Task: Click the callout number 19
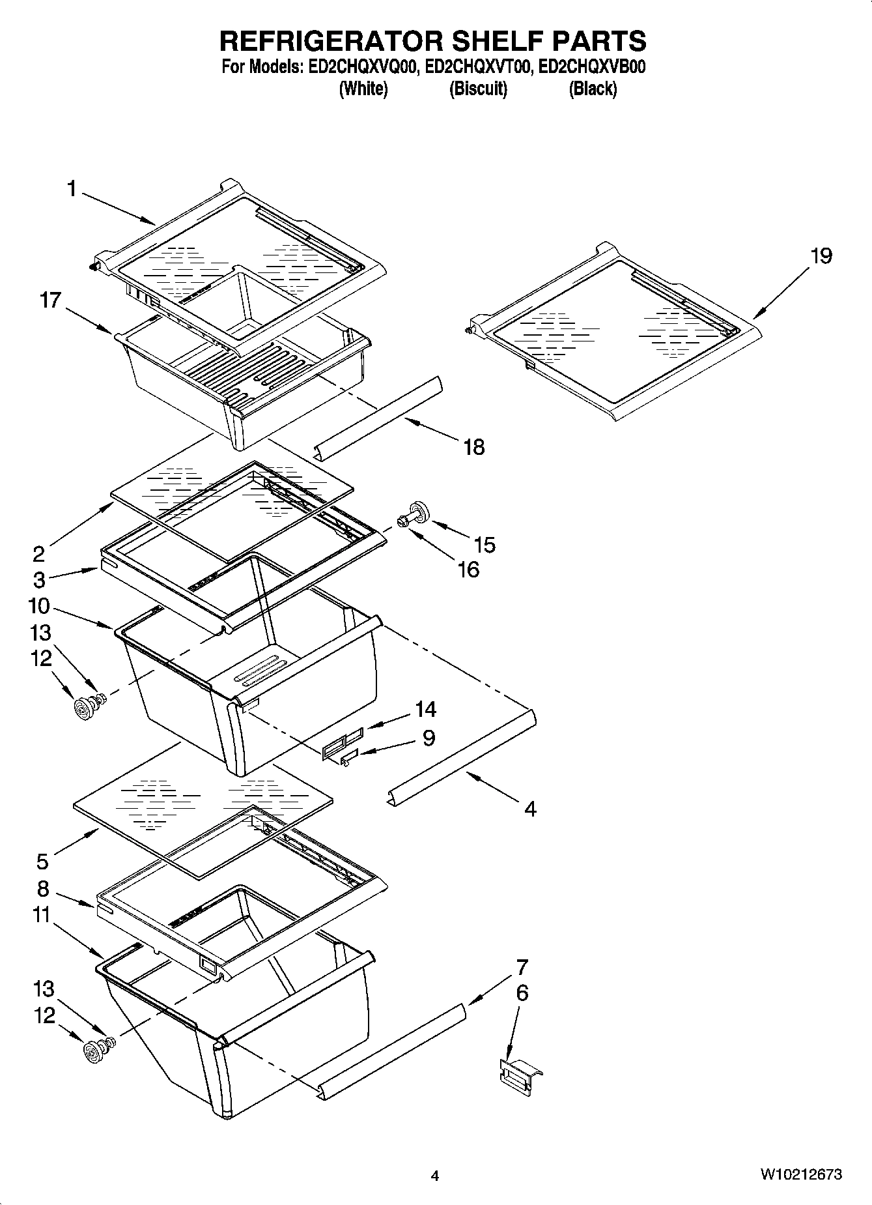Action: click(821, 256)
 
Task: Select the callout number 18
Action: click(474, 447)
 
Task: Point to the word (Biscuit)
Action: click(478, 89)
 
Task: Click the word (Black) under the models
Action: click(593, 89)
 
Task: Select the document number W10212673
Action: click(800, 1174)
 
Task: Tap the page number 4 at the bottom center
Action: click(435, 1176)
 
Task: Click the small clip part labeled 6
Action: click(519, 1072)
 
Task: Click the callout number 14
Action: click(426, 709)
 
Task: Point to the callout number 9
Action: click(429, 738)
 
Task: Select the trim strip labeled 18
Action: click(378, 417)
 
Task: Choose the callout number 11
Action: click(41, 916)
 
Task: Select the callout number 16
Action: click(468, 570)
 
